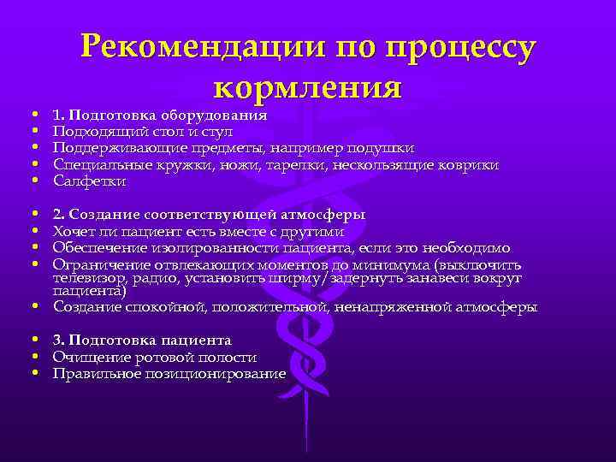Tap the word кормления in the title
tap(307, 87)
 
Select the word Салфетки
tap(89, 181)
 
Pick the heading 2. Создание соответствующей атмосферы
tap(209, 214)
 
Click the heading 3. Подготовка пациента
tap(142, 341)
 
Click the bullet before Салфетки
tap(33, 181)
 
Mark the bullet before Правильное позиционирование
tap(33, 373)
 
